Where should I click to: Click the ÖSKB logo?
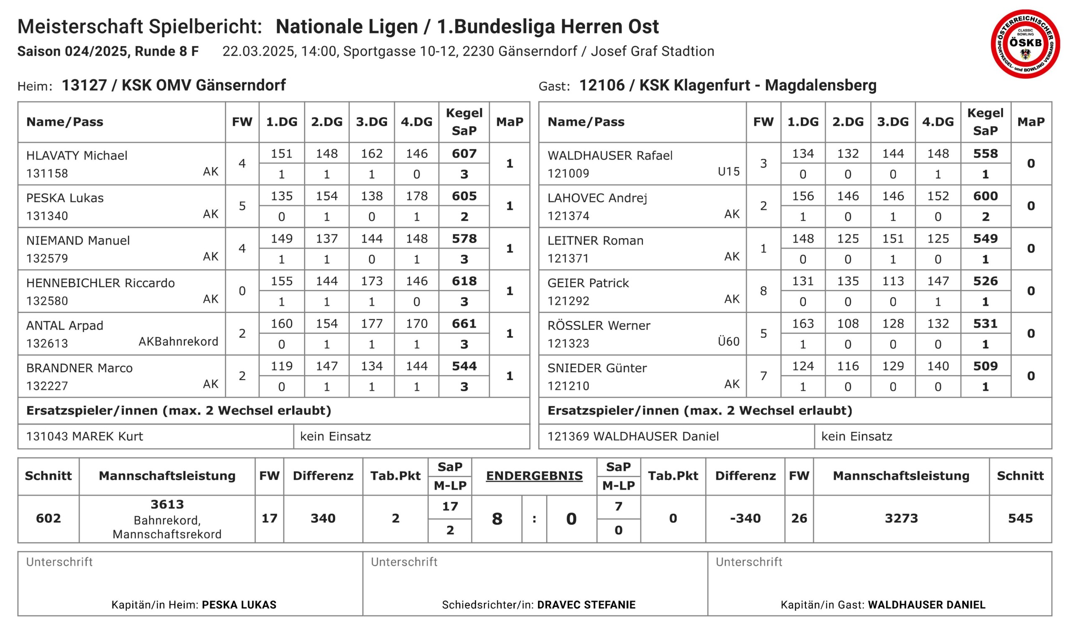coord(1025,44)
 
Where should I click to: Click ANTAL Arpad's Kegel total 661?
coord(464,324)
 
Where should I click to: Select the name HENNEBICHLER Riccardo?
coord(101,283)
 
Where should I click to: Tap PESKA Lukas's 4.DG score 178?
coord(416,196)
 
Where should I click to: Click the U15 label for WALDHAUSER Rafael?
coord(728,171)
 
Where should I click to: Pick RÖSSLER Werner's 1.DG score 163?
coord(802,324)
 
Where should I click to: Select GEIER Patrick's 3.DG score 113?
coord(892,281)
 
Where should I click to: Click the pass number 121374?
coord(568,216)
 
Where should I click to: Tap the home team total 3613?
coord(167,505)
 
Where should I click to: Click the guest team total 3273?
coord(901,519)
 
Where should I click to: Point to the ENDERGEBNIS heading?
coord(534,476)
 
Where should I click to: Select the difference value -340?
coord(745,519)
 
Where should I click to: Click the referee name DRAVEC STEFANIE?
coord(586,605)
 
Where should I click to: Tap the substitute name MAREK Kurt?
coord(107,436)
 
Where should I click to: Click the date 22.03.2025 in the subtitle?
coord(258,51)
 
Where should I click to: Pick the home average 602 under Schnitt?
coord(48,519)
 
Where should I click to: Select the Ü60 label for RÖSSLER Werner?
coord(728,342)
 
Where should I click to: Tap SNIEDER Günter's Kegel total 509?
coord(985,366)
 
